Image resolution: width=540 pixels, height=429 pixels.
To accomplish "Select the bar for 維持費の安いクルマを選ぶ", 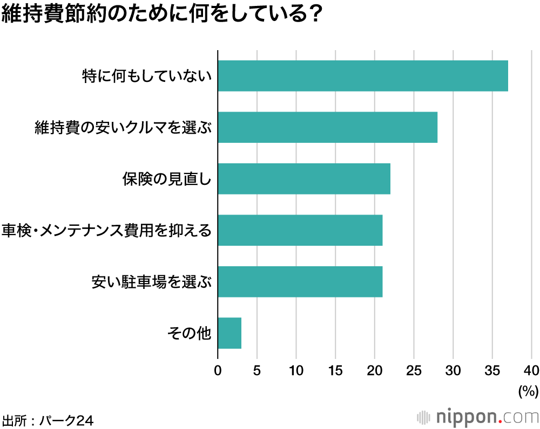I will click(x=327, y=127).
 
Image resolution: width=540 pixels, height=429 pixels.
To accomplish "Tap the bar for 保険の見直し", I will click(x=304, y=178).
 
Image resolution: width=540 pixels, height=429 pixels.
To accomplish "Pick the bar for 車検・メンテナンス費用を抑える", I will click(x=300, y=230).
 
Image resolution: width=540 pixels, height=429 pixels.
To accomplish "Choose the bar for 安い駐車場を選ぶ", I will click(x=300, y=281).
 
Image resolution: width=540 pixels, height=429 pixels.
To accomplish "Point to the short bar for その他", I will click(x=230, y=333).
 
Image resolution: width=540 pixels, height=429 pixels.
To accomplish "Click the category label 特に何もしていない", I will click(x=146, y=76).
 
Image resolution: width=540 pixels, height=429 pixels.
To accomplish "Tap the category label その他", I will click(x=188, y=334).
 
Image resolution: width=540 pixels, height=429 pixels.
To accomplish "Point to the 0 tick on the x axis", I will click(x=218, y=371).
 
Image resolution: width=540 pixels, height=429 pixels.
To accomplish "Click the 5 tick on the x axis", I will click(x=257, y=371).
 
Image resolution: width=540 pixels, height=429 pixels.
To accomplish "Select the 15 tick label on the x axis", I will click(x=335, y=371).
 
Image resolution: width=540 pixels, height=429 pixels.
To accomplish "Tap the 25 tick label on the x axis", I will click(x=414, y=371).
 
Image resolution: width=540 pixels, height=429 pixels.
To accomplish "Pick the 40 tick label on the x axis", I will click(x=531, y=371).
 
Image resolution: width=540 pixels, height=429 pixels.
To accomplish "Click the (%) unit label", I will click(x=528, y=391).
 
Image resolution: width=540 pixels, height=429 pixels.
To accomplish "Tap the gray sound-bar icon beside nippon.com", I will click(x=424, y=418).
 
